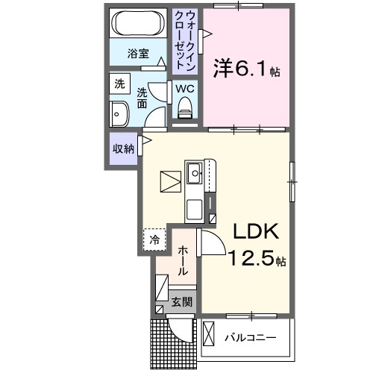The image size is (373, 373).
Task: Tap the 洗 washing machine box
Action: [x=120, y=85]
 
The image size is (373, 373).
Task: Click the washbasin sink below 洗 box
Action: [x=119, y=114]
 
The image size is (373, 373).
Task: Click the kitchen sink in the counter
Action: [x=195, y=175]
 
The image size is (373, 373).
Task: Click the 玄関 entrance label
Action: [x=182, y=302]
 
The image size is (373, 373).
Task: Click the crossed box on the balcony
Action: [x=209, y=332]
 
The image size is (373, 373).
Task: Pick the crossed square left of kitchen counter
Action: [x=170, y=181]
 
